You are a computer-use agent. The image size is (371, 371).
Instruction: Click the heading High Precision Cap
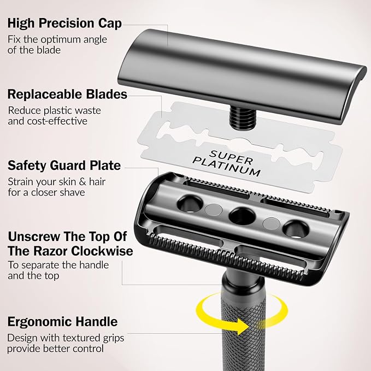[x=64, y=23]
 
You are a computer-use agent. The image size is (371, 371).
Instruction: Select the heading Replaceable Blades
[x=67, y=94]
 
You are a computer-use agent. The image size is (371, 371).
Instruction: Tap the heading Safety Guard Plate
[x=64, y=166]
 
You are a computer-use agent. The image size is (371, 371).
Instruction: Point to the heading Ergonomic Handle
[x=62, y=322]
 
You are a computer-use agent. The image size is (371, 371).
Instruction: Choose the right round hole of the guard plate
[x=296, y=229]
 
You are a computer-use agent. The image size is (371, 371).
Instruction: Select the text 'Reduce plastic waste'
[x=55, y=111]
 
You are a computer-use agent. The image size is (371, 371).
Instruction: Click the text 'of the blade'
[x=34, y=50]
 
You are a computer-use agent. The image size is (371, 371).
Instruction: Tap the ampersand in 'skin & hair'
[x=83, y=182]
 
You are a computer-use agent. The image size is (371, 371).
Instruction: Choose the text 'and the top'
[x=33, y=275]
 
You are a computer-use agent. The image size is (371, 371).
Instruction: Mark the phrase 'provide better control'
[x=55, y=349]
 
